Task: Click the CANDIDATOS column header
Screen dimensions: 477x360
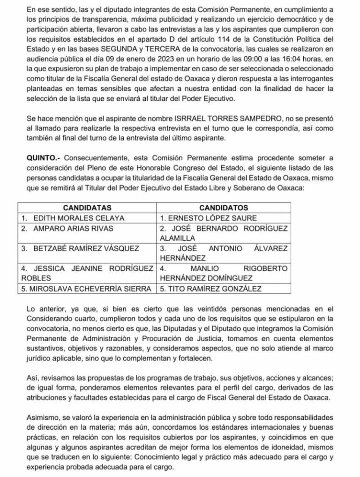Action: click(224, 208)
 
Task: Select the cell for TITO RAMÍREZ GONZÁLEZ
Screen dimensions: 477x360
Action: click(210, 289)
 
